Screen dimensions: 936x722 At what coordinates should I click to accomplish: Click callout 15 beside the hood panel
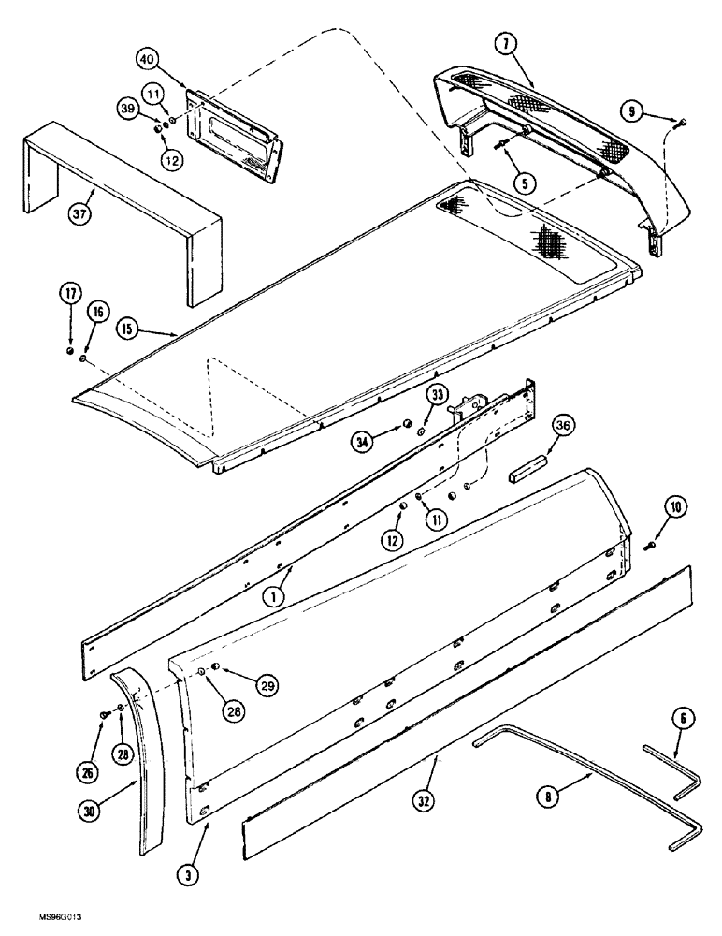130,329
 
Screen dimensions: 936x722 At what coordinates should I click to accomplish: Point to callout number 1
273,594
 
